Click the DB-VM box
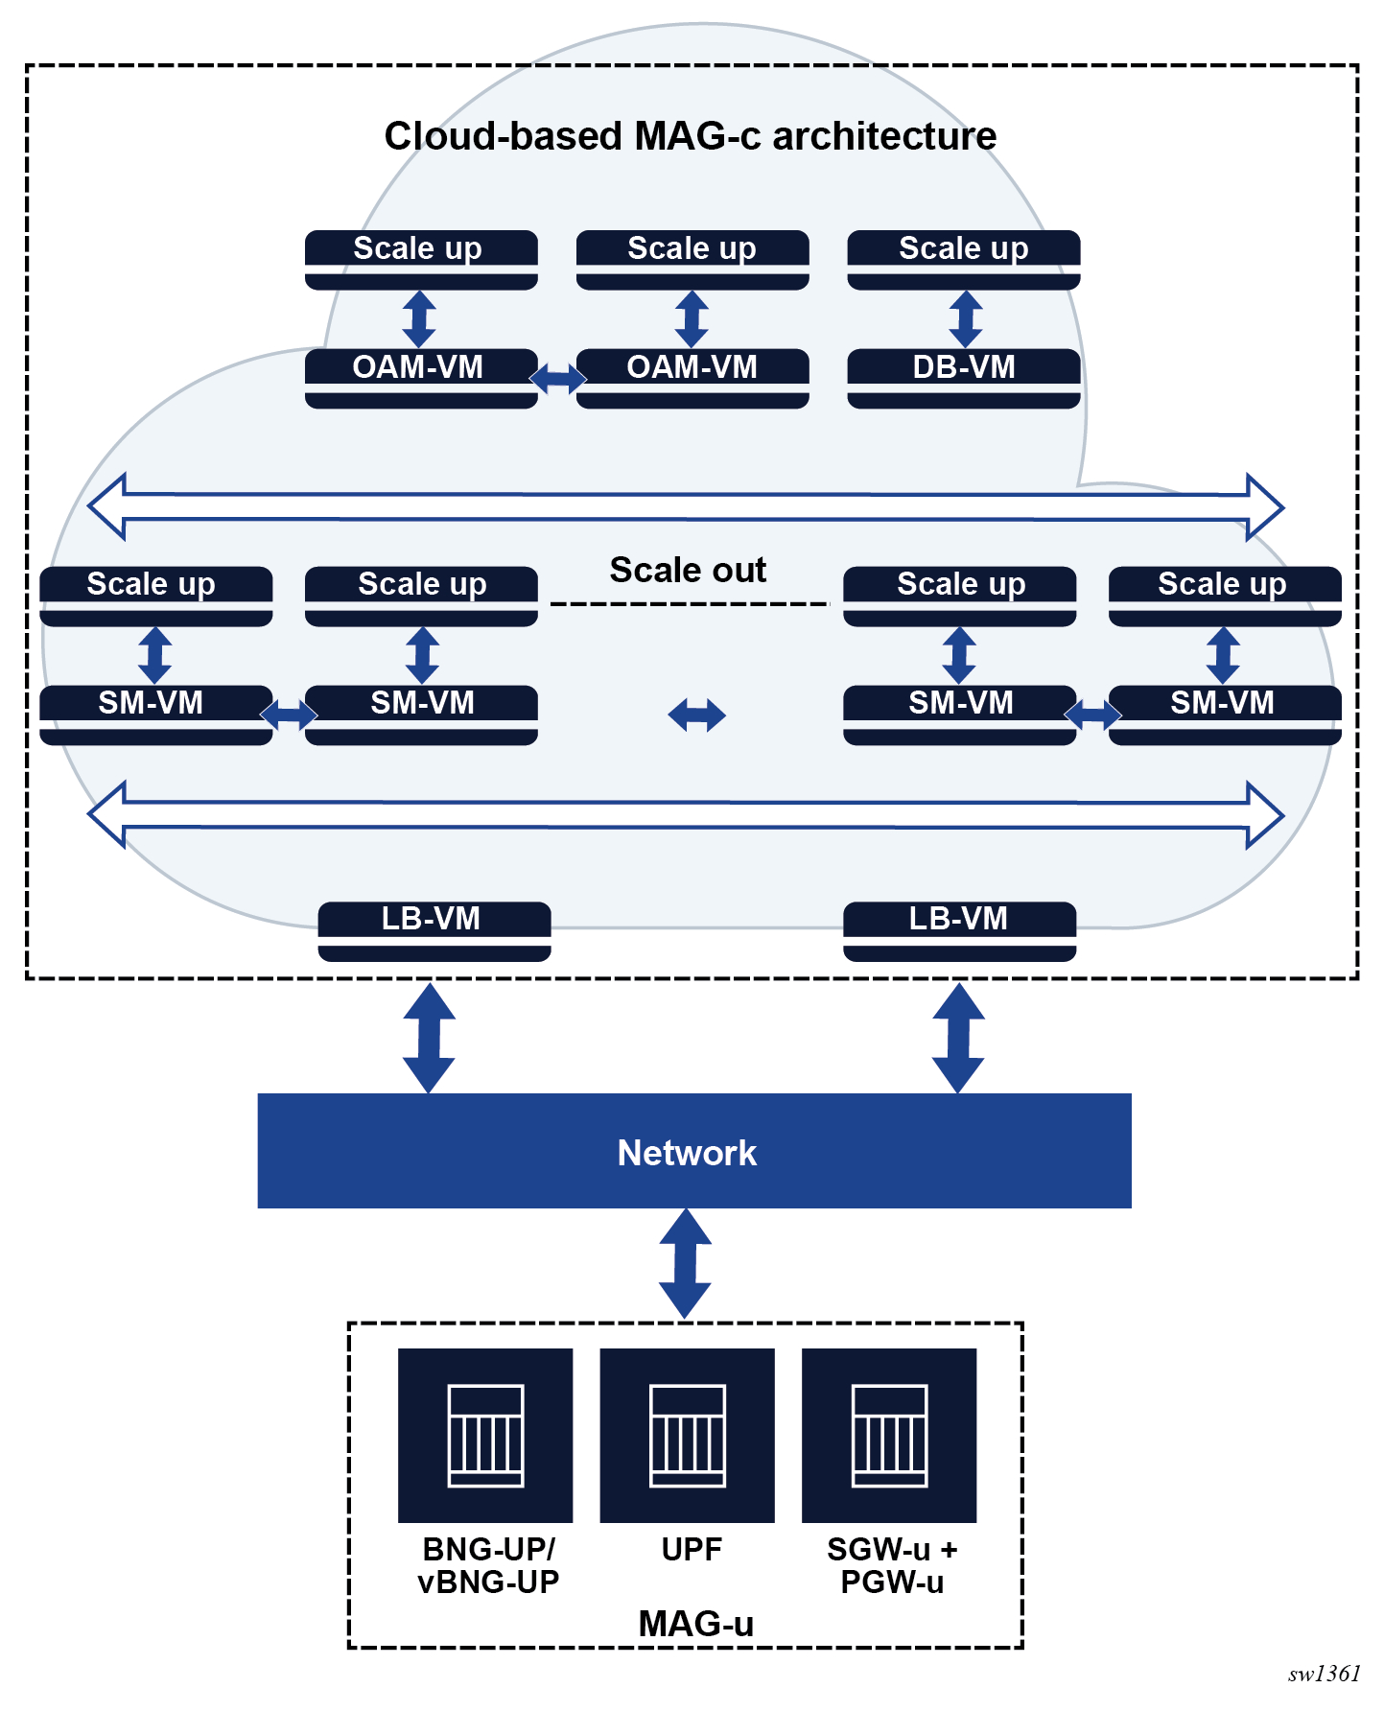pos(964,379)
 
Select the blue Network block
pos(694,1151)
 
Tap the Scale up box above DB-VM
pos(964,260)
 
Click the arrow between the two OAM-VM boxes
pos(557,379)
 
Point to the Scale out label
pos(688,570)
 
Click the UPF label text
pos(691,1549)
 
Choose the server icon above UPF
pos(688,1436)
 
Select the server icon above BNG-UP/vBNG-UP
pos(485,1436)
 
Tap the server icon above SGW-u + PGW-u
pos(889,1436)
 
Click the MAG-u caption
pos(695,1624)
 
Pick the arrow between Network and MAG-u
pos(685,1264)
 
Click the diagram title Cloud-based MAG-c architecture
pos(691,136)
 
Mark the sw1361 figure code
pos(1324,1674)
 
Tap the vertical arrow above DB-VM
pos(965,319)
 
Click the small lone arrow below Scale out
pos(697,715)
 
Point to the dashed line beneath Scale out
pos(690,604)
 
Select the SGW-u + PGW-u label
pos(892,1565)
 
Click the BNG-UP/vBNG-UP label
pos(488,1565)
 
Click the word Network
pos(687,1153)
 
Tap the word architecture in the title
pos(884,136)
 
